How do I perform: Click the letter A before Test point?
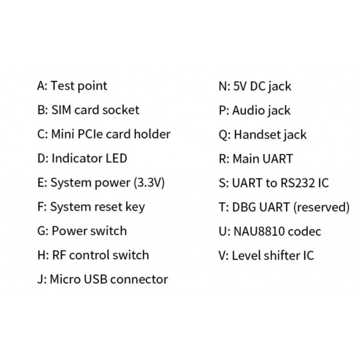(x=41, y=86)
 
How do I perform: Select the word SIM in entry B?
(x=62, y=110)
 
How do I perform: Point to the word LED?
(x=116, y=158)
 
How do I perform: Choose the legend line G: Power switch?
(x=81, y=231)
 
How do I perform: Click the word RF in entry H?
(x=58, y=255)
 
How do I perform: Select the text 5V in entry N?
(x=239, y=86)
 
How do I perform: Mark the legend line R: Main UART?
(x=255, y=159)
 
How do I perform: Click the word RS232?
(x=299, y=183)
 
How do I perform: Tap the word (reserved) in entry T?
(x=321, y=208)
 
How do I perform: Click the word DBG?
(x=244, y=207)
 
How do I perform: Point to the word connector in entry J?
(x=139, y=280)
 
